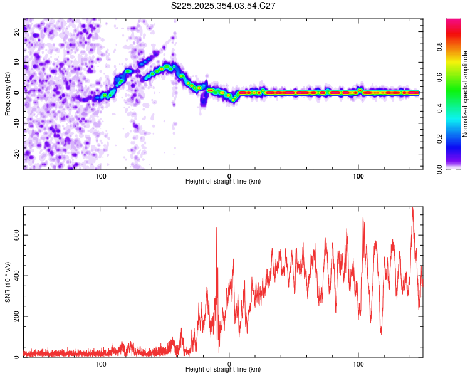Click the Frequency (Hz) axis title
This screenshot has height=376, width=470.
click(8, 94)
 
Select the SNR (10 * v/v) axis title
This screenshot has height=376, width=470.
click(8, 282)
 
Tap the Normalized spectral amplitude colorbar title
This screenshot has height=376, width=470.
click(465, 94)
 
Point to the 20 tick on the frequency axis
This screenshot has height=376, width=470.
click(16, 33)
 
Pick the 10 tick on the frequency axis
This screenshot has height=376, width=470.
click(16, 63)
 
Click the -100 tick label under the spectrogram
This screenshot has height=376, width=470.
click(100, 175)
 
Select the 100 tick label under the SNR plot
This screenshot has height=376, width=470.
click(358, 363)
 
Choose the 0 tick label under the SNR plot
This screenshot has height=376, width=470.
click(229, 363)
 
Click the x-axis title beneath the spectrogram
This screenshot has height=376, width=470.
click(223, 182)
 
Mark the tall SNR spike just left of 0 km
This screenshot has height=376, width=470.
click(216, 229)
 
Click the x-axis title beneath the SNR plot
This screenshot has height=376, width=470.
click(223, 370)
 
